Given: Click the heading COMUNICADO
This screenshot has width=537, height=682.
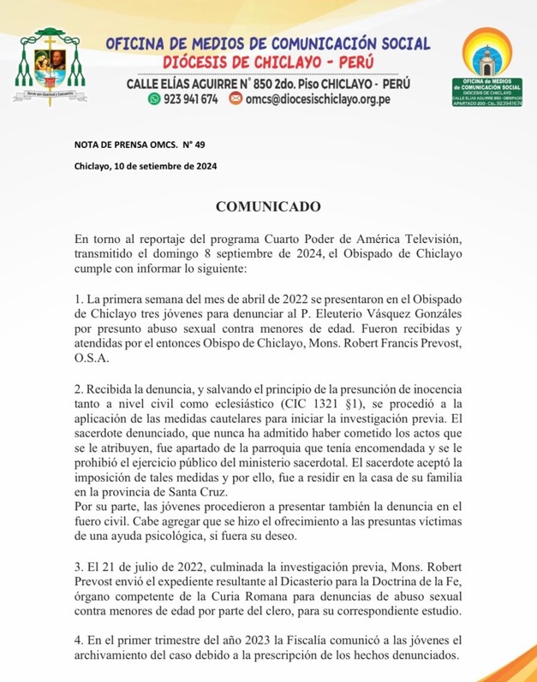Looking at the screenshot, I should pyautogui.click(x=268, y=207).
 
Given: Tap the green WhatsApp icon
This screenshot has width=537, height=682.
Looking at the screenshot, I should pyautogui.click(x=154, y=99).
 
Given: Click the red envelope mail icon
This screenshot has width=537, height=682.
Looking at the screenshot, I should pyautogui.click(x=236, y=99).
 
